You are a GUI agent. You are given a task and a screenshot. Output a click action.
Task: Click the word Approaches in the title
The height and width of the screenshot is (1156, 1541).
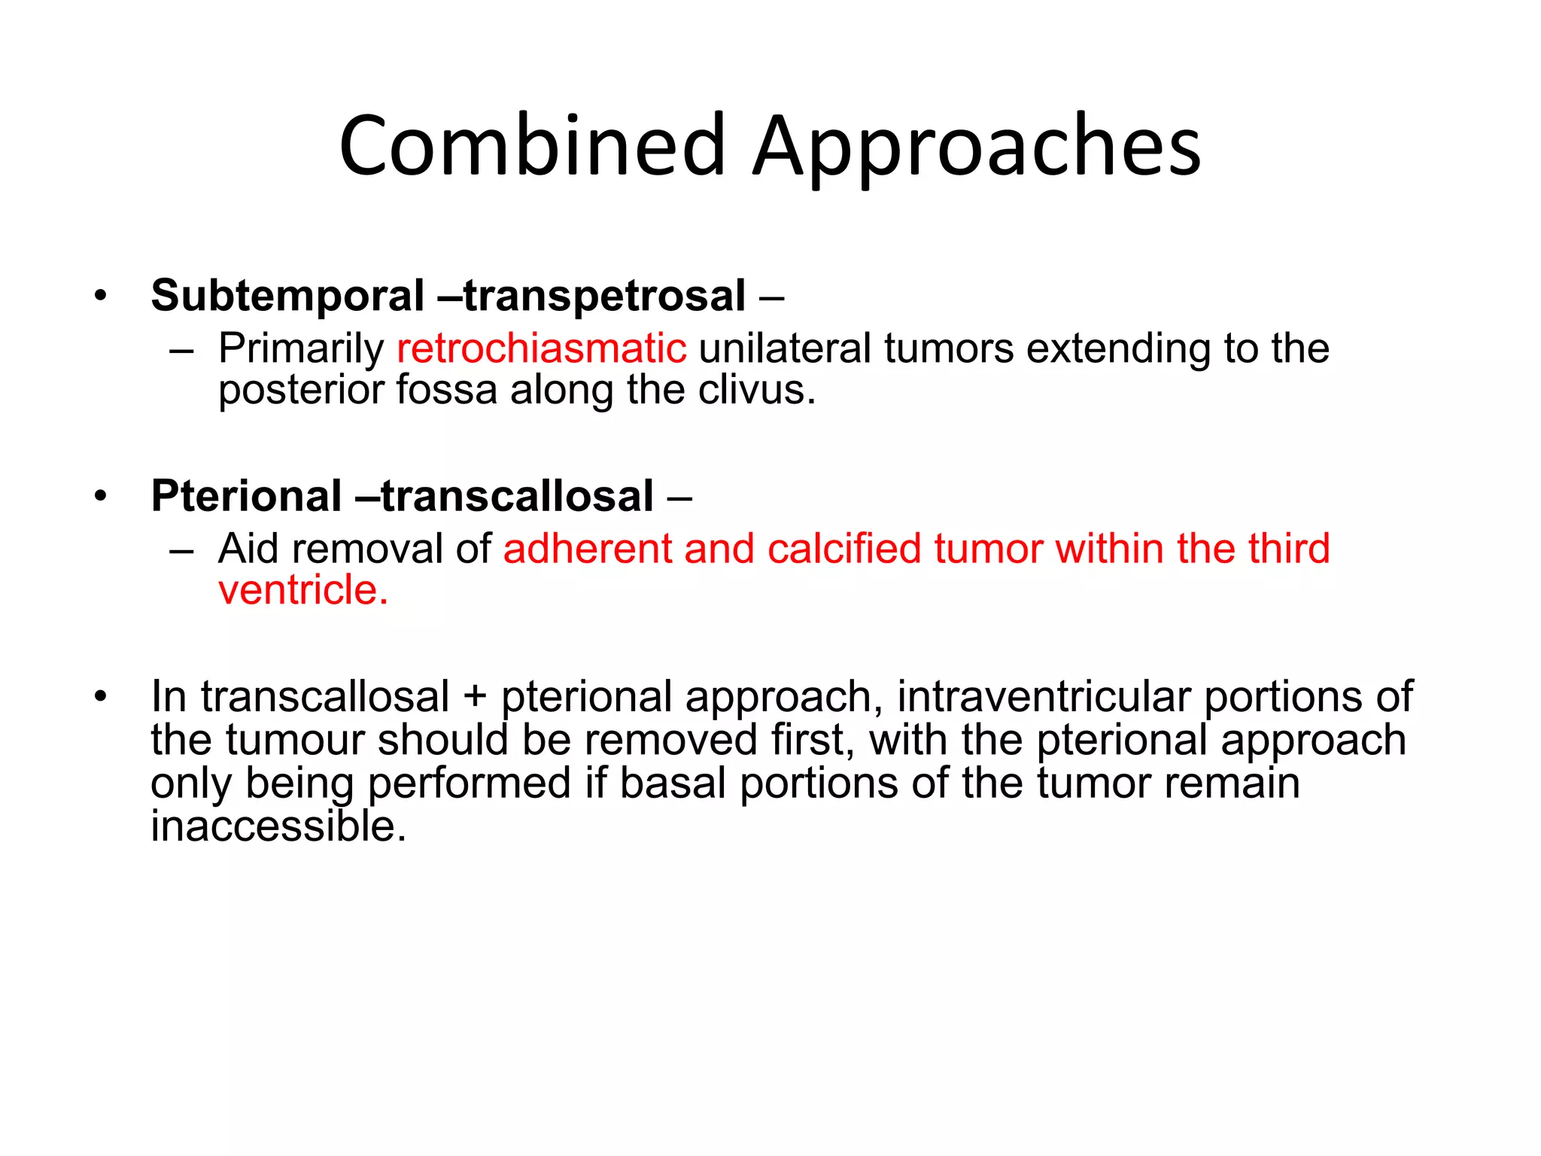(976, 147)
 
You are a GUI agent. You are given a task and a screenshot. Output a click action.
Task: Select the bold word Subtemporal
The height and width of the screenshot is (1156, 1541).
(287, 295)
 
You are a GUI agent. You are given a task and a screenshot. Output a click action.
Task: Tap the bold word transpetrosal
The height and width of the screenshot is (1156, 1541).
(604, 295)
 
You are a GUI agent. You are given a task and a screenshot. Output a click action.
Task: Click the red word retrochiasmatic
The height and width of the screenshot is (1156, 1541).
(542, 348)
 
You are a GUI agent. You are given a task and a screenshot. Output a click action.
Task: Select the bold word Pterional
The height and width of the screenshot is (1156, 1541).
(247, 496)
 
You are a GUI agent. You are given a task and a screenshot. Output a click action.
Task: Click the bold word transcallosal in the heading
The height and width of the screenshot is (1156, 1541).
(518, 496)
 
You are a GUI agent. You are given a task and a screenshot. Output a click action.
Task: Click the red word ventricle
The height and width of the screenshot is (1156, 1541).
(302, 589)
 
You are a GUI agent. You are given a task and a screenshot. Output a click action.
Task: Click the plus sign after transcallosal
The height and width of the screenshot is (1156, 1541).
(475, 696)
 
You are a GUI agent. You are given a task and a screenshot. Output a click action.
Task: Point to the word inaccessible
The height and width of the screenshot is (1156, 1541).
(278, 826)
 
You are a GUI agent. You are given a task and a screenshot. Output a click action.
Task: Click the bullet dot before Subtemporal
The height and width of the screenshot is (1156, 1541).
(101, 296)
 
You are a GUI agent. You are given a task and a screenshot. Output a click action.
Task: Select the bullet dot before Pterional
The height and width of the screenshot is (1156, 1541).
(101, 497)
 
